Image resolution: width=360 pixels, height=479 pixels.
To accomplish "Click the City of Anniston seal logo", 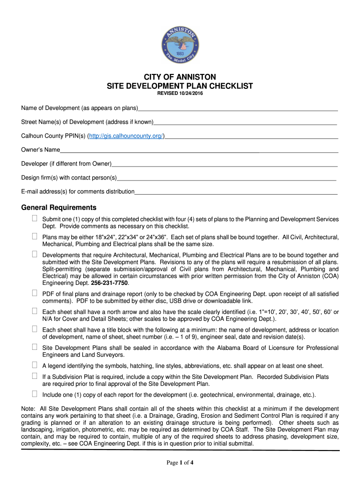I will [180, 45].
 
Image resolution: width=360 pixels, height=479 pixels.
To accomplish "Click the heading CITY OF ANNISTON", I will [180, 77].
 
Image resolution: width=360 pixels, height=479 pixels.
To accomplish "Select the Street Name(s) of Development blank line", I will [245, 123].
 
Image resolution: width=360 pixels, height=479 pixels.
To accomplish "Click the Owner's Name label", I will [41, 150].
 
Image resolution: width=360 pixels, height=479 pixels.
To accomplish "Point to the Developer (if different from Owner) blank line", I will [224, 164].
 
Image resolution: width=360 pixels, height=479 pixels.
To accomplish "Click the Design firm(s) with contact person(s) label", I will [69, 178].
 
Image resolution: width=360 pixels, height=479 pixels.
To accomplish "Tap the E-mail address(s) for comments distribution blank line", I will [236, 192].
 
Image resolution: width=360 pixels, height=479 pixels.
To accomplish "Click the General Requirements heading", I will [59, 208].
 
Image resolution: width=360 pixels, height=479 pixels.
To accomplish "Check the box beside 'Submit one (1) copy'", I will [35, 218].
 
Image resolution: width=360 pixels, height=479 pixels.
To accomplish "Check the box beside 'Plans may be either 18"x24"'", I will [35, 237].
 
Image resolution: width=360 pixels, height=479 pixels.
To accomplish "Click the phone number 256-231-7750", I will [111, 283].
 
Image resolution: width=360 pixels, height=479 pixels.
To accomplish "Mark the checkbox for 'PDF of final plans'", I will [35, 293].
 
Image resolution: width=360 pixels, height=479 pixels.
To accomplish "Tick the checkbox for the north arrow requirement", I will [35, 311].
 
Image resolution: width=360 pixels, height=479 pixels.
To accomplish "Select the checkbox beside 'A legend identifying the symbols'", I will [35, 365].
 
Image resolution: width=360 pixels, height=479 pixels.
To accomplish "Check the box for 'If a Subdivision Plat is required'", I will [35, 376].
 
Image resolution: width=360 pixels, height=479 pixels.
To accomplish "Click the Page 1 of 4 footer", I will [180, 463].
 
